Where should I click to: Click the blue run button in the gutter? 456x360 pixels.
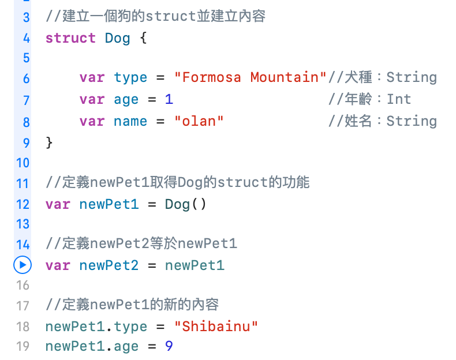pos(22,265)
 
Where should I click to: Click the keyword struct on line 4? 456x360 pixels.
pos(70,39)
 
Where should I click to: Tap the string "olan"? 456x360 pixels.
pos(199,121)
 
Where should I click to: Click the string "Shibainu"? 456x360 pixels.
pos(216,327)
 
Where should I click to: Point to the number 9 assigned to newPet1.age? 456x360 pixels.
pos(169,346)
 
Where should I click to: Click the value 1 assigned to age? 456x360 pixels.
pos(169,99)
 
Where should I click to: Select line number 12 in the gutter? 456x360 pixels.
pos(23,204)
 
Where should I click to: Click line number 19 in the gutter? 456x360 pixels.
pos(23,346)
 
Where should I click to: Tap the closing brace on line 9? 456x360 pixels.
pos(49,142)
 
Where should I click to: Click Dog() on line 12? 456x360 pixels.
pos(185,204)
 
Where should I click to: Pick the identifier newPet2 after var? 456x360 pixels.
pos(109,265)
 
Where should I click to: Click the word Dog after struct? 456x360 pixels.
pos(117,39)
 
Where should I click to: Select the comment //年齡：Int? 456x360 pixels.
pos(369,99)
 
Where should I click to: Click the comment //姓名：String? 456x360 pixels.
pos(382,121)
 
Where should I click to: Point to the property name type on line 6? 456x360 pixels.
pos(130,77)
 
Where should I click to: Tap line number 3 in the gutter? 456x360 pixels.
pos(26,17)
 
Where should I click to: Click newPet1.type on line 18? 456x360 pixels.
pos(96,327)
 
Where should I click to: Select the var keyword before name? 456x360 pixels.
pos(92,121)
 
